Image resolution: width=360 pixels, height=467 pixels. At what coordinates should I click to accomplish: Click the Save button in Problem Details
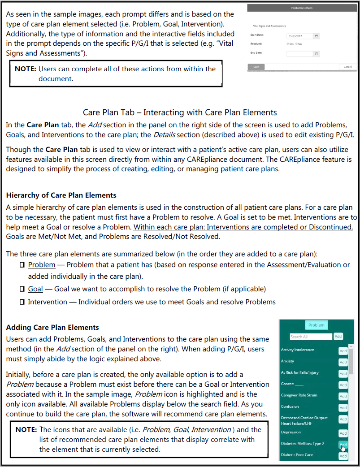click(x=256, y=67)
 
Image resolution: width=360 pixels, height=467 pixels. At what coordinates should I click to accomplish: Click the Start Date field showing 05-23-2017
click(x=299, y=36)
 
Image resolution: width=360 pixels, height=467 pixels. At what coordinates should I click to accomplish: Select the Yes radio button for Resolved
click(x=287, y=44)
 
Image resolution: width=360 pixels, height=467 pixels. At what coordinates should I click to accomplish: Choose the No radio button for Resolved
click(x=295, y=44)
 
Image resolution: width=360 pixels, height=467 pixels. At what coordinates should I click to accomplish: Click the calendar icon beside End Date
click(x=317, y=54)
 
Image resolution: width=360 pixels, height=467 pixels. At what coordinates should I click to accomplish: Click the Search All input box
click(x=311, y=337)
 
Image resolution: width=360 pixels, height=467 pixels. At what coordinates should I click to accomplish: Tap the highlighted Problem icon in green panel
click(x=317, y=325)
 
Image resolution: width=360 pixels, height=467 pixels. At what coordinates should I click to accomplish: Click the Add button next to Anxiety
click(x=343, y=362)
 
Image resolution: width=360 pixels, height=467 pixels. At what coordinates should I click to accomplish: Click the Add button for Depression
click(x=343, y=433)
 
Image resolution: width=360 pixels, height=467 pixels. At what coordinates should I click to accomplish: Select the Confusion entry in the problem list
click(x=290, y=407)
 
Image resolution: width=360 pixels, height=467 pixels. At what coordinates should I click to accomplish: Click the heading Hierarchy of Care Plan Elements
click(x=61, y=195)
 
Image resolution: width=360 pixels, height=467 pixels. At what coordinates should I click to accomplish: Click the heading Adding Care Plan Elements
click(x=52, y=327)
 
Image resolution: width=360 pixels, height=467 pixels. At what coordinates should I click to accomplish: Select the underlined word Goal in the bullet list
click(x=35, y=289)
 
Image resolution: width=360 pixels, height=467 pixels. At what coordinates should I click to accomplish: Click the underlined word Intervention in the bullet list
click(x=48, y=302)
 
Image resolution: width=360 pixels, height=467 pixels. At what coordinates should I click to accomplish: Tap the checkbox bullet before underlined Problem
click(x=22, y=265)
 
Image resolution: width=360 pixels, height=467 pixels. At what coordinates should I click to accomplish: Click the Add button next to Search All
click(x=338, y=337)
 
